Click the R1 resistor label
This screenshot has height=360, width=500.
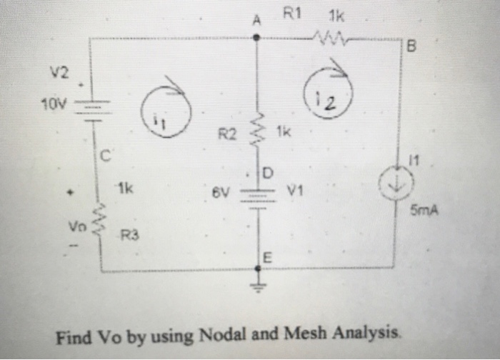pos(293,12)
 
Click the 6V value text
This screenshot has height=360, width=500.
pos(220,193)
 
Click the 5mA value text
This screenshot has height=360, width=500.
pos(424,212)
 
